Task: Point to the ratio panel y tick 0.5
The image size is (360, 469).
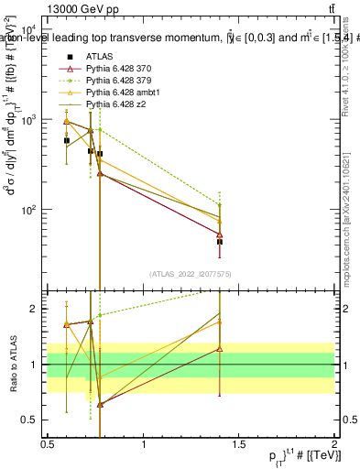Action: tap(31, 420)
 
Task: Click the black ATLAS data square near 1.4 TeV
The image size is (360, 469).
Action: tap(220, 242)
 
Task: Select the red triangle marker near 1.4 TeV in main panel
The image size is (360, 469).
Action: tap(220, 234)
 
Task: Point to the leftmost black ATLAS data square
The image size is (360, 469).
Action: tap(66, 140)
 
